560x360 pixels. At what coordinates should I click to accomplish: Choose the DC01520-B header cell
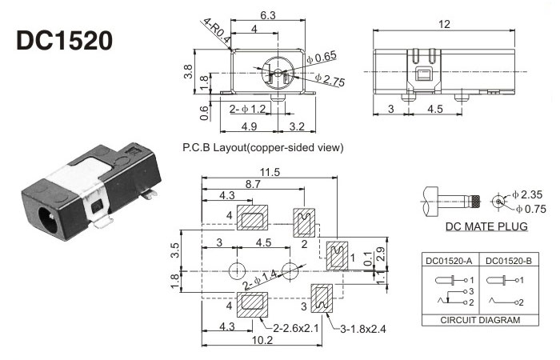click(x=498, y=259)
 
